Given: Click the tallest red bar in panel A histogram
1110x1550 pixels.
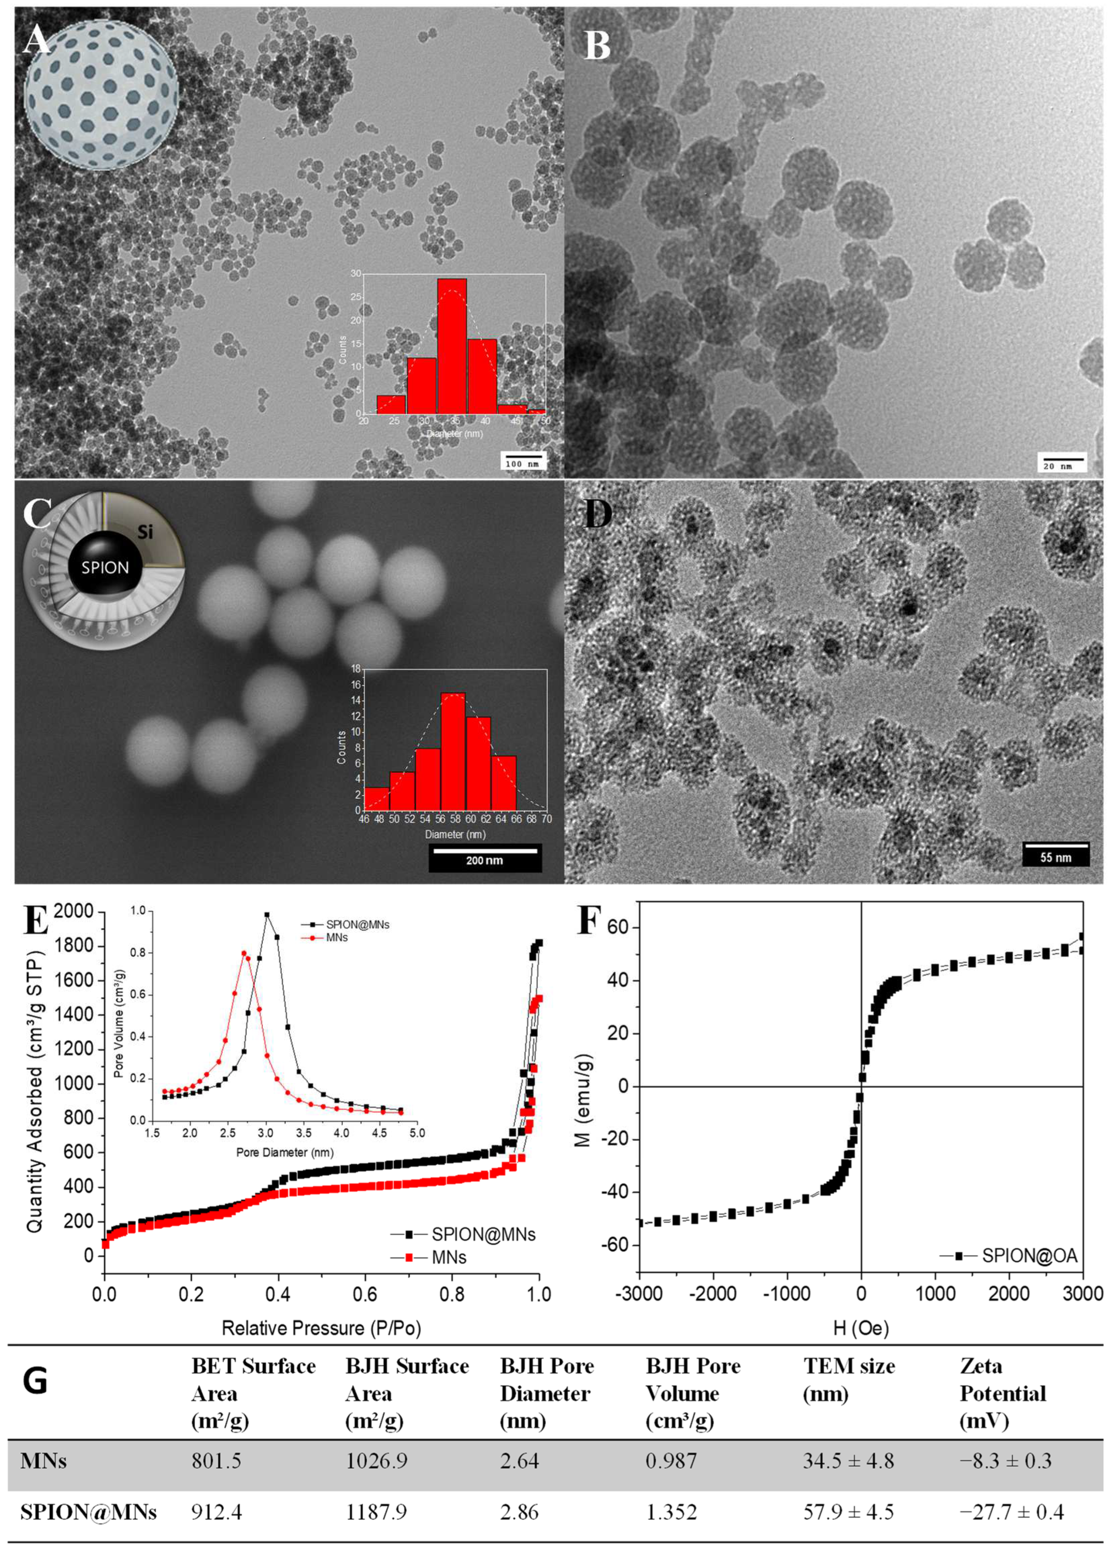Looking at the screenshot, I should click(x=452, y=346).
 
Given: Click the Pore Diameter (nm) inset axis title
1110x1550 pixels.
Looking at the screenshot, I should click(x=285, y=1152).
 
